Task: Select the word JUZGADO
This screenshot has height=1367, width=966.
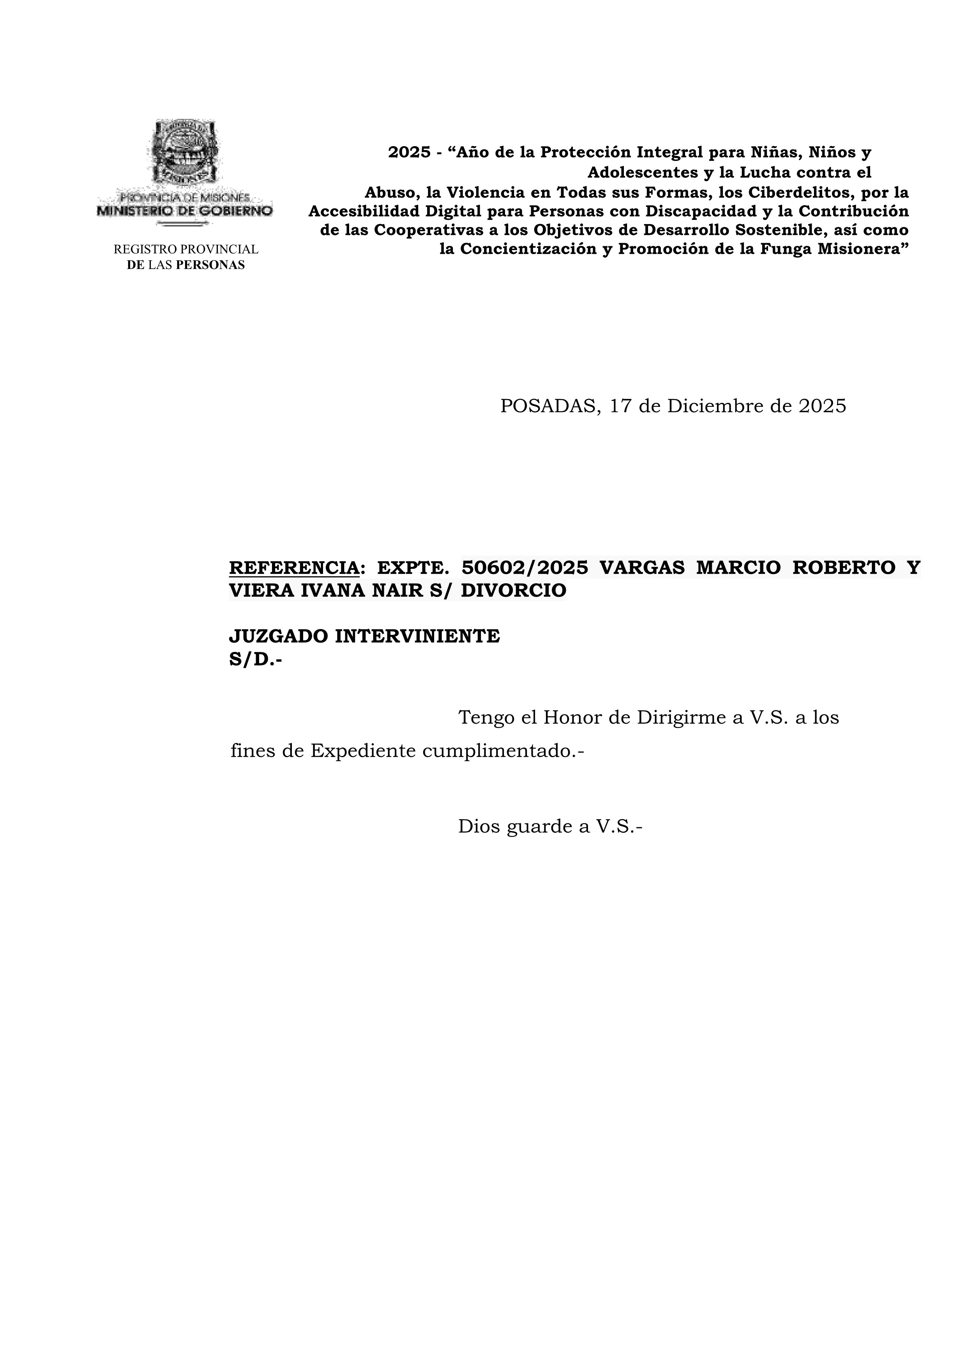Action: click(278, 636)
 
